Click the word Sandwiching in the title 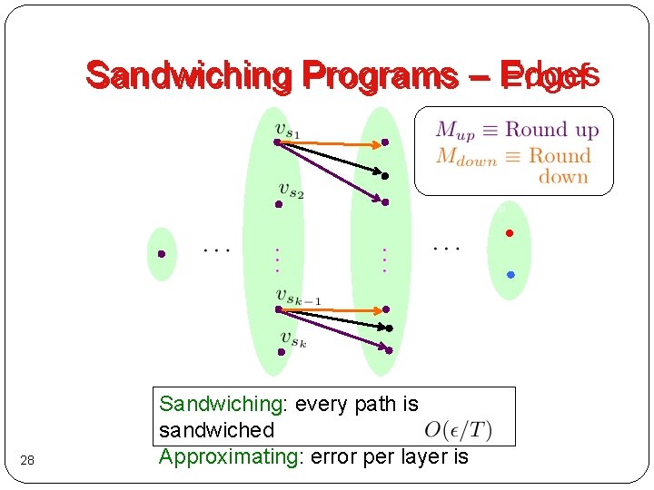tap(187, 76)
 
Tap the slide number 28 tap(27, 462)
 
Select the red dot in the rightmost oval tap(510, 234)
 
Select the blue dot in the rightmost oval tap(510, 274)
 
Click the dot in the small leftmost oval tap(161, 254)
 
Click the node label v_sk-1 tap(298, 296)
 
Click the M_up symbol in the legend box tap(455, 132)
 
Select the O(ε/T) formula tap(459, 427)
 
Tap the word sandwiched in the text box tap(216, 429)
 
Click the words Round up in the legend tap(551, 130)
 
